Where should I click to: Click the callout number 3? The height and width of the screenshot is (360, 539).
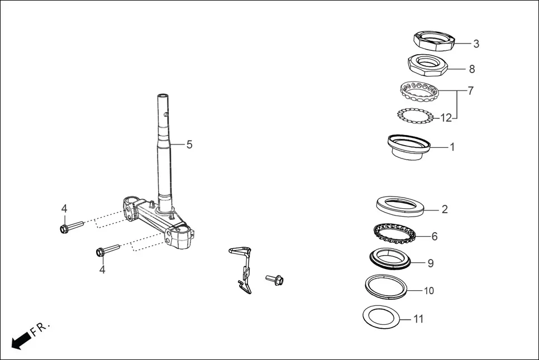[x=476, y=44]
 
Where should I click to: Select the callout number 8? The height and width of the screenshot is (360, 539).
[x=472, y=69]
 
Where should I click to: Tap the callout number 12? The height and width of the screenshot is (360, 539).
[x=446, y=118]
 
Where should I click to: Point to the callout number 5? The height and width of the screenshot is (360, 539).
[x=189, y=145]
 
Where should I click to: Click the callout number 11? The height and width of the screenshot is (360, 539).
[x=418, y=319]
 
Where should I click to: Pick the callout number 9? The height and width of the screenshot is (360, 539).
[x=430, y=263]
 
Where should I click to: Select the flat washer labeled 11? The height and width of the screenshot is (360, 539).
[x=383, y=318]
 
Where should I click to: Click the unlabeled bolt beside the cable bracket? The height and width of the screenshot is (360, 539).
[x=275, y=279]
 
